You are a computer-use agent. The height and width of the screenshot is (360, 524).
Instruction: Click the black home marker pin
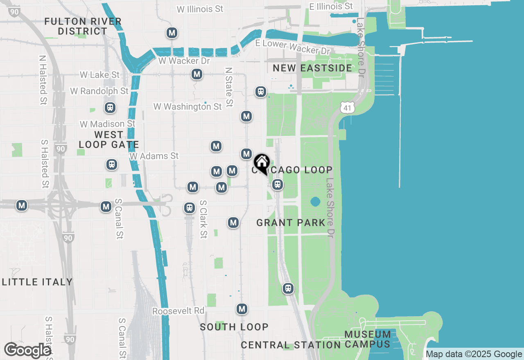coord(261,163)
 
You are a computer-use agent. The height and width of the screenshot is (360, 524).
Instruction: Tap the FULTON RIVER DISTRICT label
coord(83,26)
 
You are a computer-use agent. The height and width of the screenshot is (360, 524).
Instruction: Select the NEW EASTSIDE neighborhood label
coord(312,68)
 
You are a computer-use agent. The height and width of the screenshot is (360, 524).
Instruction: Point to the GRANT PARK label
coord(291,223)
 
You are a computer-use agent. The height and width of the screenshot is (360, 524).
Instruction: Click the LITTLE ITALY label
coord(37,282)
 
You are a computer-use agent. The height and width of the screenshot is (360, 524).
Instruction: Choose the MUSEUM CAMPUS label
coord(367,339)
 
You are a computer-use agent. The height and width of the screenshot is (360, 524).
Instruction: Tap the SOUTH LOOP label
coord(234,327)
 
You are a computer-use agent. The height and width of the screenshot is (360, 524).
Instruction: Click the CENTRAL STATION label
coord(291,345)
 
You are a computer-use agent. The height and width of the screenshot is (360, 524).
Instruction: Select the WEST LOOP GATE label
coord(108,139)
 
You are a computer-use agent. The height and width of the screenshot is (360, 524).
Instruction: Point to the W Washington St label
coord(187,107)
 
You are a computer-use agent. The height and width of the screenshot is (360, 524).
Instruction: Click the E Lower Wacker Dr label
coord(292,47)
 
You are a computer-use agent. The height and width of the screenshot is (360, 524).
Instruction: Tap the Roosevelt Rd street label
coord(178,311)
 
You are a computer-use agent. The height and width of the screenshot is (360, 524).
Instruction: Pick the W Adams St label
coord(154,156)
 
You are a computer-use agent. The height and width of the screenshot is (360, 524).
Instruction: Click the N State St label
coord(229,88)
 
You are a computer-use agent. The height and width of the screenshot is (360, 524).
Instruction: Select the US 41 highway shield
coord(346,108)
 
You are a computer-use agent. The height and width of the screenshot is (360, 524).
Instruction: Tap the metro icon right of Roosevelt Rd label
coord(242,309)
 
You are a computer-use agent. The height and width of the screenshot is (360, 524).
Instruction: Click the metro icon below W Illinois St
coord(172,33)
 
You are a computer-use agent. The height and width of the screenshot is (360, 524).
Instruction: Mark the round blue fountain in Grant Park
coord(315,202)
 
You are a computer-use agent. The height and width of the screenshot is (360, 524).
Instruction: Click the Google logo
coord(27,350)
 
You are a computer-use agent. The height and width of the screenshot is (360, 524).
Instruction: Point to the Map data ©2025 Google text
coord(474,354)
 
